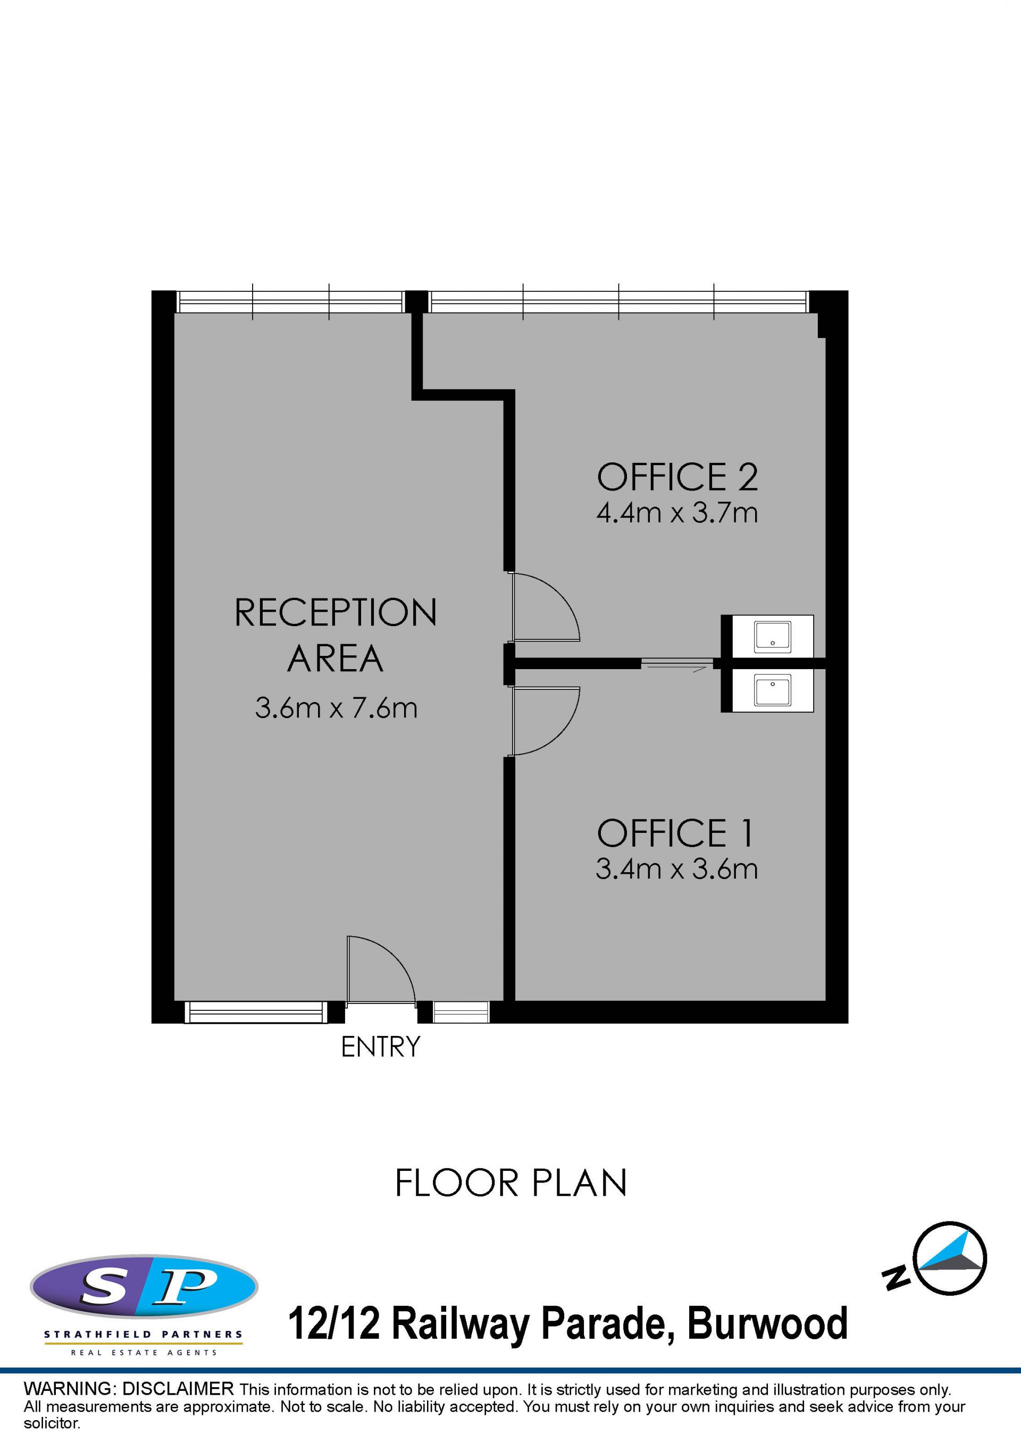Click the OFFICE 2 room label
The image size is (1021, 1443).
coord(677,477)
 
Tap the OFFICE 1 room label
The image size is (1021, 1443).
coord(675,833)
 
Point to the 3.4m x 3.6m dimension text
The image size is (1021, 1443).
coord(676,869)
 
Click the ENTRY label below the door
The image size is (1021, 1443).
coord(380,1047)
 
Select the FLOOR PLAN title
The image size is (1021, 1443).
coord(511,1183)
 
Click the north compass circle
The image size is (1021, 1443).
coord(950,1258)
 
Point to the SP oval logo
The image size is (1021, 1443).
coord(144,1285)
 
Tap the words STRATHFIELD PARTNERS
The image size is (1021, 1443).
coord(144,1334)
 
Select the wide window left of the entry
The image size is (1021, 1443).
coord(256,1012)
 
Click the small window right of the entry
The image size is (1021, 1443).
coord(461,1012)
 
